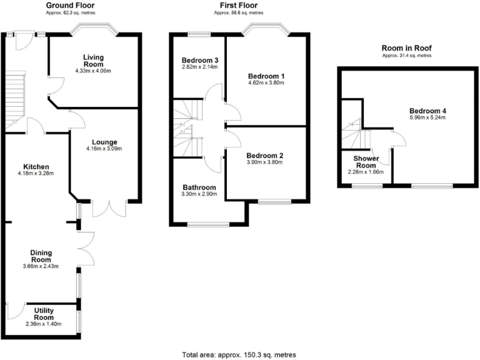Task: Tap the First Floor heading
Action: coord(238,6)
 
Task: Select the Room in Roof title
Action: coord(407,48)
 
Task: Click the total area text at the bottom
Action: coord(239,354)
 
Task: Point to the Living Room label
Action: coord(92,61)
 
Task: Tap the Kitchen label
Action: coord(36,166)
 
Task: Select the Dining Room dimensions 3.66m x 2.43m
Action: coord(41,266)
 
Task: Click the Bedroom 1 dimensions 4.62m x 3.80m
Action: coord(266,84)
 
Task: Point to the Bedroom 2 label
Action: coord(265,156)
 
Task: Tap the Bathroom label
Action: coord(199,187)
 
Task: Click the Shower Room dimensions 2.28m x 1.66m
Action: coord(366,172)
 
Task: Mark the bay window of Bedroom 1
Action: coord(267,28)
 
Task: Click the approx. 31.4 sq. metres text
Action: coord(407,56)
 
